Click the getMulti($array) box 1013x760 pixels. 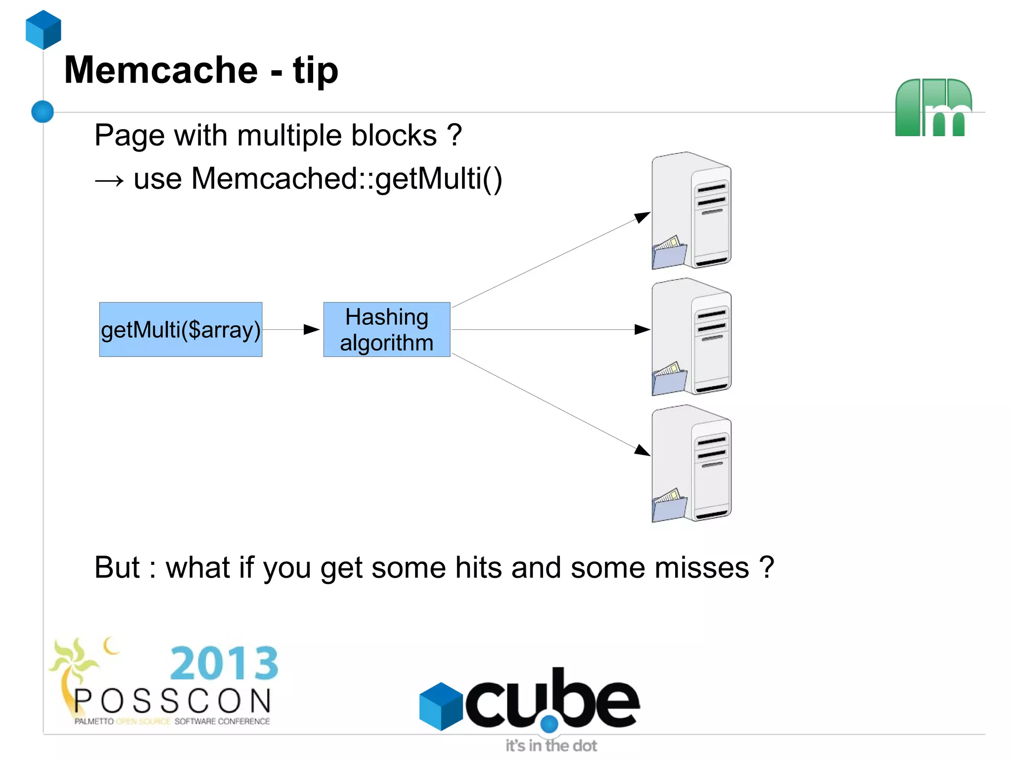pos(181,329)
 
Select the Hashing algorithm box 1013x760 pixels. pos(386,329)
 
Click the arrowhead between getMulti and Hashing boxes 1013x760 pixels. pos(312,329)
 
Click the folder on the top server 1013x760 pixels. pos(669,253)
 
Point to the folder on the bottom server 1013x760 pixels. pos(669,506)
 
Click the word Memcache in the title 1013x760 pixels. pos(161,70)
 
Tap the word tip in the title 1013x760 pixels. pos(316,70)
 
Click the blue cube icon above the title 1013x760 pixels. pos(44,30)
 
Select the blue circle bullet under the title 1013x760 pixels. pos(43,111)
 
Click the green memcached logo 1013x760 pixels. pos(933,107)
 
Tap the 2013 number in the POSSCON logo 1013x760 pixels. pos(224,663)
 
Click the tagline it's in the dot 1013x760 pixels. pos(551,745)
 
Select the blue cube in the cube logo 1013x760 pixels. pos(440,706)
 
